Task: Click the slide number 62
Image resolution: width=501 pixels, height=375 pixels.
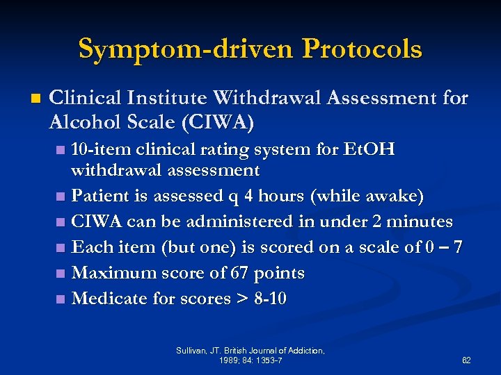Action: click(x=466, y=360)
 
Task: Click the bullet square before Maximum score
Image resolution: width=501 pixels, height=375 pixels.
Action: click(x=61, y=274)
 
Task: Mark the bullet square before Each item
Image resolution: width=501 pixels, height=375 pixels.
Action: click(x=61, y=248)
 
